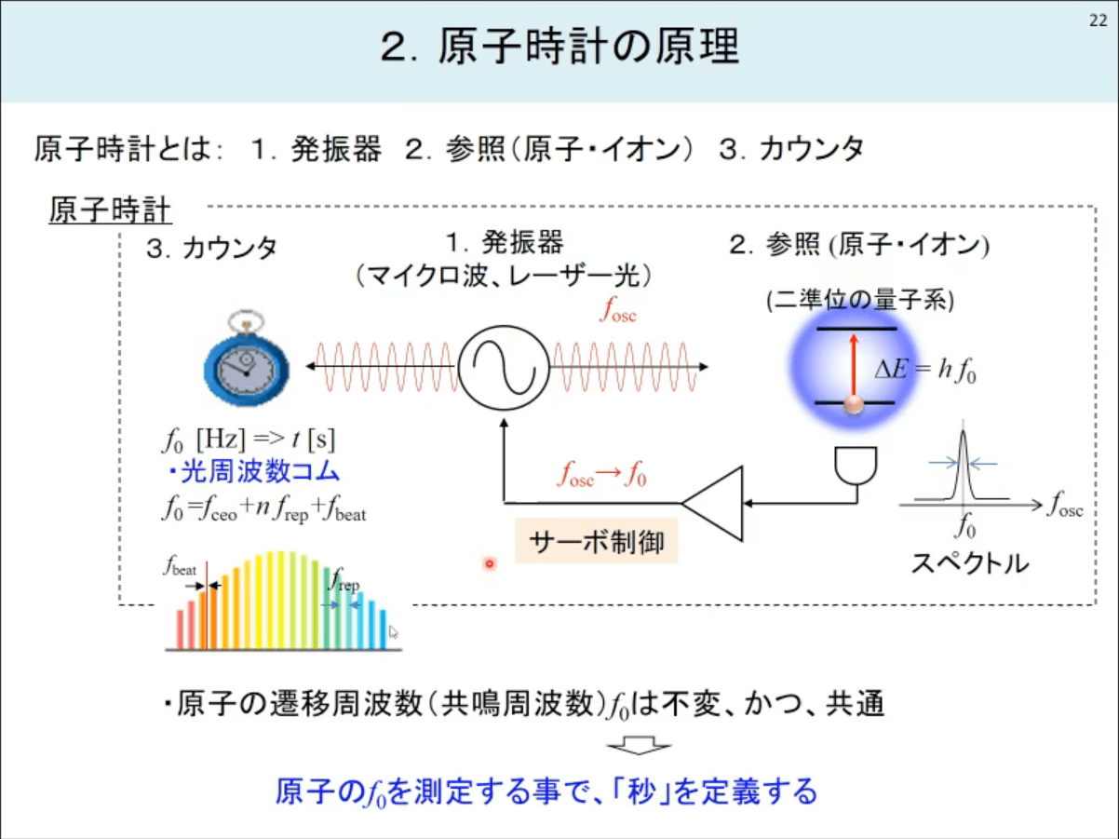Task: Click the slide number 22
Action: pyautogui.click(x=1099, y=20)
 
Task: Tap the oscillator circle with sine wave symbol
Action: pyautogui.click(x=504, y=368)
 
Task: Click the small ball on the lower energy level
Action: pyautogui.click(x=854, y=405)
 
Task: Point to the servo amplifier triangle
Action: pyautogui.click(x=713, y=503)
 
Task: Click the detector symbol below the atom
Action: pyautogui.click(x=856, y=466)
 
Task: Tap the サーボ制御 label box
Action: pyautogui.click(x=597, y=541)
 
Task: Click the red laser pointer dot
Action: pyautogui.click(x=490, y=563)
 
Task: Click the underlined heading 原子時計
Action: pyautogui.click(x=110, y=210)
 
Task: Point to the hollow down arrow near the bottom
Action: pyautogui.click(x=640, y=746)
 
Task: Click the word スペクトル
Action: pyautogui.click(x=970, y=563)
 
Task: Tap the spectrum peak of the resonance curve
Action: pyautogui.click(x=963, y=432)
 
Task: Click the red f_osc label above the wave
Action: pyautogui.click(x=618, y=310)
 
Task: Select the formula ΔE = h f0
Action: pyautogui.click(x=925, y=370)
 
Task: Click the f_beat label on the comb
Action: pyautogui.click(x=180, y=566)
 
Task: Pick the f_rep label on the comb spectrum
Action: pyautogui.click(x=344, y=580)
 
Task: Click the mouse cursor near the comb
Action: pyautogui.click(x=393, y=632)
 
